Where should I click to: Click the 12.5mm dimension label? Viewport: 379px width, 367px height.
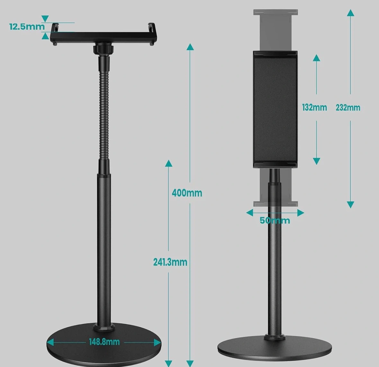tap(27, 27)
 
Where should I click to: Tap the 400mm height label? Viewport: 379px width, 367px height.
tap(187, 193)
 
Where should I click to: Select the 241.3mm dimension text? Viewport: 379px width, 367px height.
tap(170, 262)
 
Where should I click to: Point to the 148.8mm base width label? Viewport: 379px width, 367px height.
tap(104, 342)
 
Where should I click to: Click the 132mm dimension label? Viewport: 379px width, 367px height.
tap(314, 107)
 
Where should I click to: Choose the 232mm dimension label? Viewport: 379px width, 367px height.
tap(348, 108)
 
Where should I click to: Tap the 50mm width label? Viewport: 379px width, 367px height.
tap(275, 221)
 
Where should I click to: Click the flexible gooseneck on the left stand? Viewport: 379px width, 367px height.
tap(104, 108)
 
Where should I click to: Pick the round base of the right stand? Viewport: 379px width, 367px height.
tap(275, 347)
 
